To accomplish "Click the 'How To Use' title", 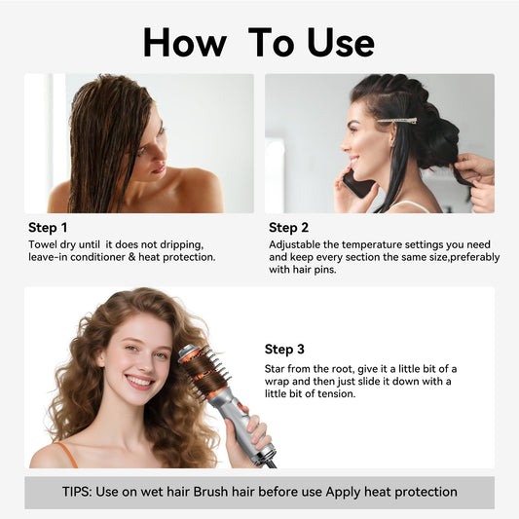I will [x=258, y=42].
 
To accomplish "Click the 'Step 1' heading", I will [x=49, y=228].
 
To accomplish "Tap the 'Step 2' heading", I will [x=289, y=228].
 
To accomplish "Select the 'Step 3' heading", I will [x=284, y=349].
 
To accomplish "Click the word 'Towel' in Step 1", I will [x=45, y=243].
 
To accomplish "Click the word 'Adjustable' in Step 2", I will [x=298, y=243].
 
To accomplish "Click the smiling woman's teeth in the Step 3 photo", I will [x=138, y=381].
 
